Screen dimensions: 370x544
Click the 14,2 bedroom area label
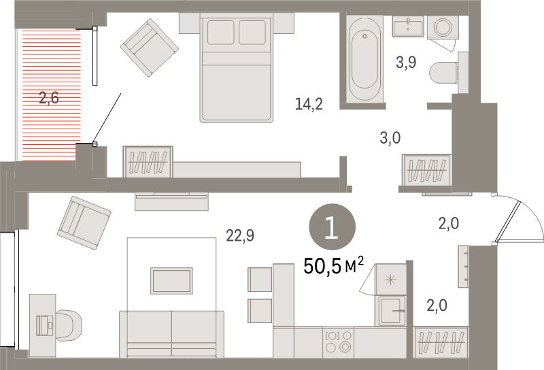[x=309, y=104]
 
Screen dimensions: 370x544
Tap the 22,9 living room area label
[x=240, y=236]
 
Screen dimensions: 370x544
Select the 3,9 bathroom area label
[x=406, y=63]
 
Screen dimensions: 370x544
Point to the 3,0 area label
[x=390, y=138]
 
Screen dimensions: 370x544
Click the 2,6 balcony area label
[x=49, y=97]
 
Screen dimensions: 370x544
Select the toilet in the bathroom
[x=453, y=72]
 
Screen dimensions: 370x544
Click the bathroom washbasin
[x=409, y=27]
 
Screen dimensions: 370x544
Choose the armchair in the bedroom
[x=150, y=47]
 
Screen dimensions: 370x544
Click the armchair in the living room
[x=84, y=218]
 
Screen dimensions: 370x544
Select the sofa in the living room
[x=171, y=333]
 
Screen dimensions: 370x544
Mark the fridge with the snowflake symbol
[x=391, y=279]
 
